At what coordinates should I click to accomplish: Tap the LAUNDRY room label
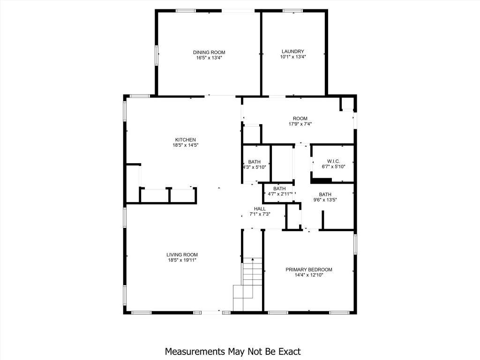pyautogui.click(x=293, y=52)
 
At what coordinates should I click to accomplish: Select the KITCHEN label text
pyautogui.click(x=185, y=140)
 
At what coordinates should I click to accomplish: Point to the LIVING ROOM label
pyautogui.click(x=181, y=255)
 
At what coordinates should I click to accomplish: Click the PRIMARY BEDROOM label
pyautogui.click(x=309, y=270)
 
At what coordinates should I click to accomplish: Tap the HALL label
pyautogui.click(x=260, y=209)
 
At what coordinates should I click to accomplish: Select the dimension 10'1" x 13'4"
pyautogui.click(x=293, y=57)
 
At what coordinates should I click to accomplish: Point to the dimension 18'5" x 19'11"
pyautogui.click(x=181, y=260)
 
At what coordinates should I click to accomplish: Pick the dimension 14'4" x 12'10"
pyautogui.click(x=309, y=275)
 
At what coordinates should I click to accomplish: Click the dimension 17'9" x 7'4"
pyautogui.click(x=300, y=124)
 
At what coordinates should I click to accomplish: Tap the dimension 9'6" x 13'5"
pyautogui.click(x=325, y=200)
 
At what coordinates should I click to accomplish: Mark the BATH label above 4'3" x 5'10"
pyautogui.click(x=255, y=162)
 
